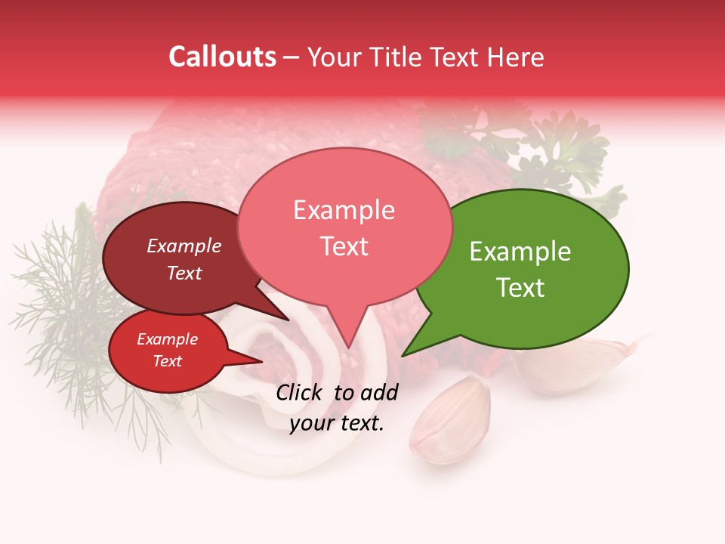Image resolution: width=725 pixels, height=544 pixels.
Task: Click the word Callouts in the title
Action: tap(222, 57)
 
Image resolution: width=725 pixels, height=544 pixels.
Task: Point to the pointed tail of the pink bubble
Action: tap(348, 332)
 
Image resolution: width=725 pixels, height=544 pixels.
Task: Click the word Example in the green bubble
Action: tap(520, 252)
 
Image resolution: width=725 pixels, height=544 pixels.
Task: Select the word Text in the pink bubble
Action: tap(344, 246)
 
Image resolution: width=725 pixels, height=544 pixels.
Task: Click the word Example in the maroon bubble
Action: tap(184, 246)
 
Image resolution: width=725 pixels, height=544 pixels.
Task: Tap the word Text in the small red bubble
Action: tap(168, 361)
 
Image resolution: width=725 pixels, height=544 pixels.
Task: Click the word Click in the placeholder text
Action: tap(301, 392)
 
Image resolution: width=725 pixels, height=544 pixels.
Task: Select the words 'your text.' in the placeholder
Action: tap(337, 423)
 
